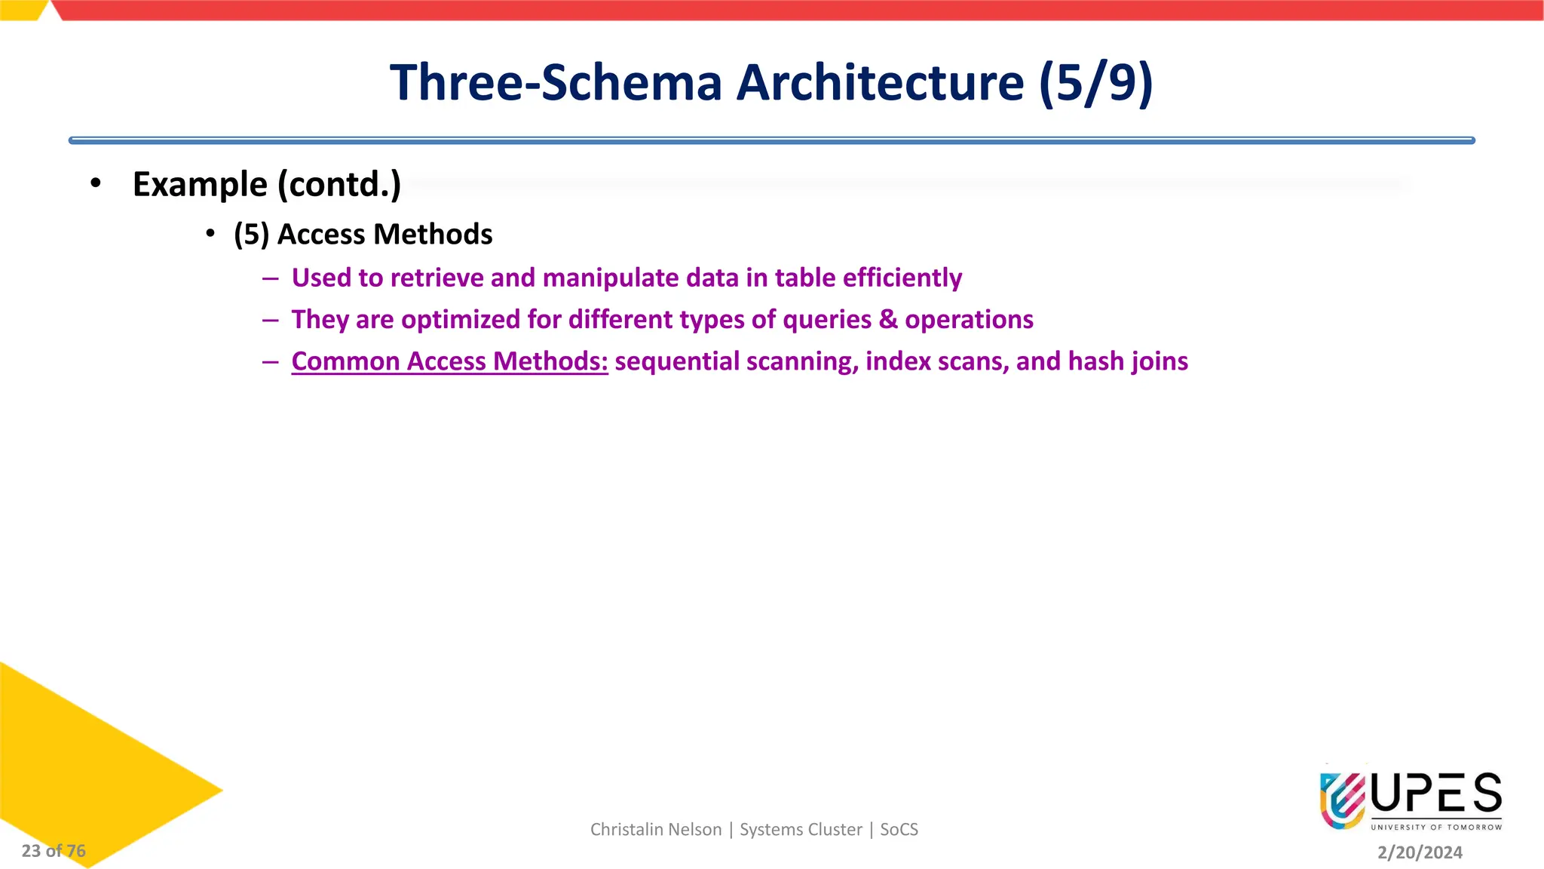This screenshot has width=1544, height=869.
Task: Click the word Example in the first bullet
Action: point(200,185)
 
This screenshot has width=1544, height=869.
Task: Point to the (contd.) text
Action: point(339,185)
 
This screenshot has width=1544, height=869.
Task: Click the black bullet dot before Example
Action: point(95,183)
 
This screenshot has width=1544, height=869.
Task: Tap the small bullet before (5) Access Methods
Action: point(210,234)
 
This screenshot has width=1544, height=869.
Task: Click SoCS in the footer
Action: point(899,830)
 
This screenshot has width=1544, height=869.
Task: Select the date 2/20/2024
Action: point(1420,852)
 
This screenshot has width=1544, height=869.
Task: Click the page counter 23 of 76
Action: point(54,851)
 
